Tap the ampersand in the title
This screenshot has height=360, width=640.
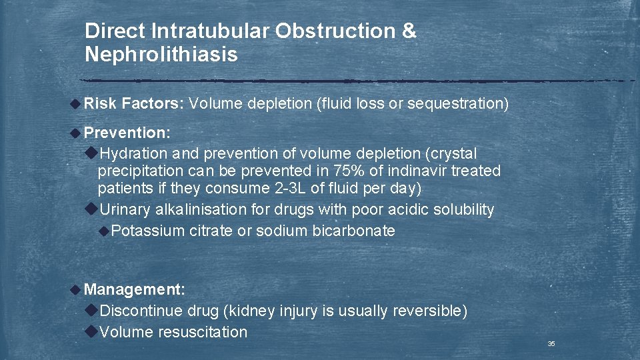409,31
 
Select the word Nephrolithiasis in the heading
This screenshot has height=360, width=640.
161,55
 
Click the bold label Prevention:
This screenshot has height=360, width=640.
127,133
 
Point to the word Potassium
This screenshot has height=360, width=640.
149,231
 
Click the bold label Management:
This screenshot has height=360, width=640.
135,289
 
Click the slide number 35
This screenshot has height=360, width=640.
551,344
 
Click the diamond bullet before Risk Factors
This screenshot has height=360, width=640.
77,103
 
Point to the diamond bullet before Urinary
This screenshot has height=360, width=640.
92,209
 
